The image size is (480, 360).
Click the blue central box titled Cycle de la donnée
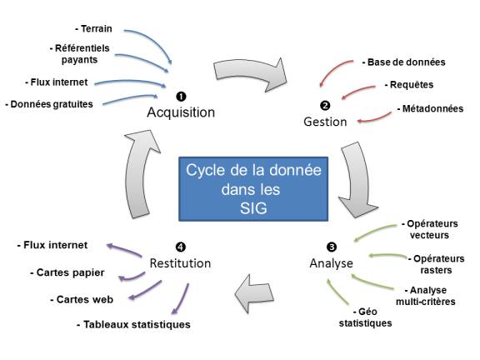point(253,189)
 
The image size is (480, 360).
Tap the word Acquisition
point(181,112)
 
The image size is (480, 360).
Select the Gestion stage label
point(325,122)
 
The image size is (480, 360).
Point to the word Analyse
point(331,263)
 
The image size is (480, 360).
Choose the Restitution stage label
point(180,263)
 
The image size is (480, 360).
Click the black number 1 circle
point(181,97)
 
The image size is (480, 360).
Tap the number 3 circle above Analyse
point(332,247)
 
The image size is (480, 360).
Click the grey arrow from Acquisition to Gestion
point(251,73)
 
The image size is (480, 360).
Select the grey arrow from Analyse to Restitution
point(254,294)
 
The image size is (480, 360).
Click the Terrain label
point(93,29)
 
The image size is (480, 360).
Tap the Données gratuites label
point(49,104)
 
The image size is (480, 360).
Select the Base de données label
point(403,62)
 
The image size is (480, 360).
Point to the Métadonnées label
point(430,108)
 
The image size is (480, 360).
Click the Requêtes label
point(409,85)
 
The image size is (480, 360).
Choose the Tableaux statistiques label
point(133,324)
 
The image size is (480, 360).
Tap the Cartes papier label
point(67,272)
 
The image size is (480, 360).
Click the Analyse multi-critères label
point(426,296)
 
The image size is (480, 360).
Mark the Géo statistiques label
point(365,317)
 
